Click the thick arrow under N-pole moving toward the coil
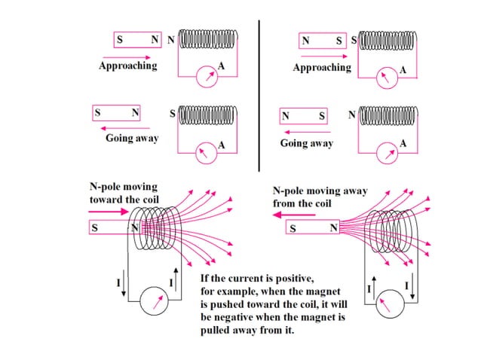[x=109, y=212]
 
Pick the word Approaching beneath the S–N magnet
[x=128, y=66]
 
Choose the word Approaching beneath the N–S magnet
[x=322, y=67]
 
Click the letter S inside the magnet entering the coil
[x=95, y=227]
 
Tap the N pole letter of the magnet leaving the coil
[x=332, y=227]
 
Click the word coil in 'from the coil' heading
[x=326, y=203]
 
